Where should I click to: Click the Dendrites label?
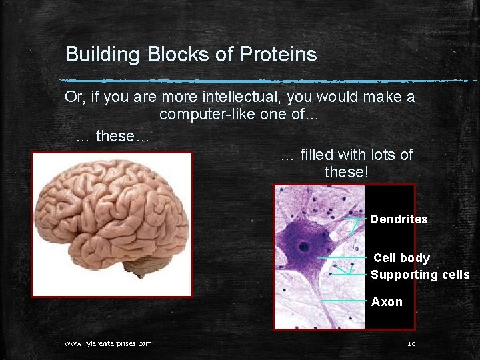click(x=399, y=219)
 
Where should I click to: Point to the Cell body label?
click(x=401, y=258)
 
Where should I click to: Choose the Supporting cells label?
click(x=420, y=275)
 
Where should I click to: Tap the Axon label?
click(x=387, y=302)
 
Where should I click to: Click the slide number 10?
click(x=411, y=343)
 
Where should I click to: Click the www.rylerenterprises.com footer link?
click(x=108, y=343)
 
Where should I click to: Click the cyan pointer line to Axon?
click(x=343, y=301)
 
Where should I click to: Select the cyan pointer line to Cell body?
click(x=341, y=257)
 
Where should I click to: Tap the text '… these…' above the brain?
click(x=113, y=137)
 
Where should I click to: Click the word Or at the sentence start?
click(x=73, y=97)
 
